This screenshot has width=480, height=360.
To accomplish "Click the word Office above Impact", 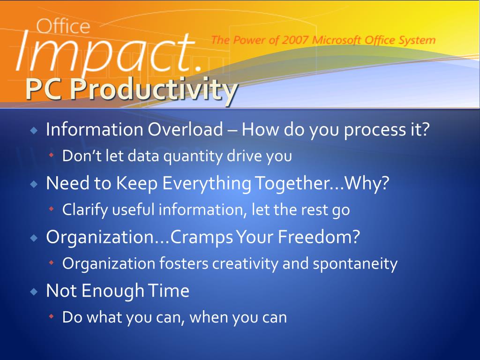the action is click(63, 26).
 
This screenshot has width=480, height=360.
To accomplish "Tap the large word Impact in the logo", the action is click(105, 52).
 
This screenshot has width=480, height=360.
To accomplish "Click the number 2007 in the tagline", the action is click(295, 40).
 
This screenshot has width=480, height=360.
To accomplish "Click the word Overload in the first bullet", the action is click(185, 129).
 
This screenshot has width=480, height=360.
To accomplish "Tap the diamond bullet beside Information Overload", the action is click(34, 131).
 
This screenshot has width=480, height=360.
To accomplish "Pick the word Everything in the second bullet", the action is click(207, 183).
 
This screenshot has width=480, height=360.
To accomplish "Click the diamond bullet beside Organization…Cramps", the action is click(34, 238).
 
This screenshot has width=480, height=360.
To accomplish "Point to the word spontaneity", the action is click(355, 264).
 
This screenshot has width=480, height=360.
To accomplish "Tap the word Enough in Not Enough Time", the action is click(113, 291).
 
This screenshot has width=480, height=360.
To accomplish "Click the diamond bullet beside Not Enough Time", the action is click(34, 292).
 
